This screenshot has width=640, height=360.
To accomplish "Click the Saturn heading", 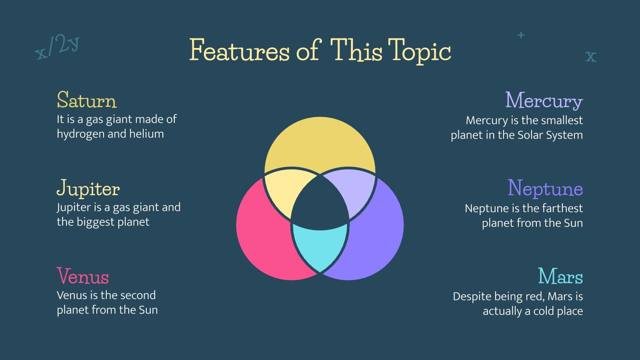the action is pyautogui.click(x=86, y=100).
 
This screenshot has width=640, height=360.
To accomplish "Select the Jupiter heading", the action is pyautogui.click(x=88, y=188).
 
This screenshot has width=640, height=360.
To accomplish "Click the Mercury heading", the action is pyautogui.click(x=544, y=101).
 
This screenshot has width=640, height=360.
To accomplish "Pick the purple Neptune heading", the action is pyautogui.click(x=545, y=188).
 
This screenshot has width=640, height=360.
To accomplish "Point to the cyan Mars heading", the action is pyautogui.click(x=560, y=276).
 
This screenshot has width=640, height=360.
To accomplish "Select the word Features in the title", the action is pyautogui.click(x=240, y=50).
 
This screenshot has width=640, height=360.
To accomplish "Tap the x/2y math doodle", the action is pyautogui.click(x=57, y=47).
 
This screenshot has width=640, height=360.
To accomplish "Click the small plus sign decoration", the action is pyautogui.click(x=521, y=35).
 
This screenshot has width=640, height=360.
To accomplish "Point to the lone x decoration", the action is pyautogui.click(x=591, y=56).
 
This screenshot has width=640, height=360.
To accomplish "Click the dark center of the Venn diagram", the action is pyautogui.click(x=320, y=204).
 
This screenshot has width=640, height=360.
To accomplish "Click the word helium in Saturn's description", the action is pyautogui.click(x=146, y=134).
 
